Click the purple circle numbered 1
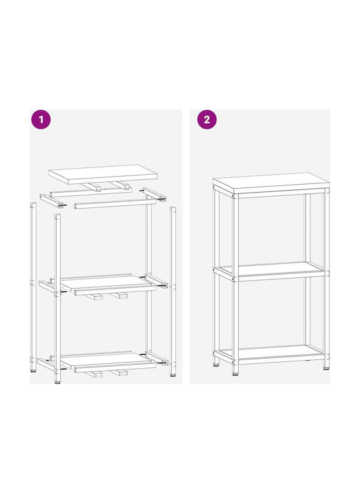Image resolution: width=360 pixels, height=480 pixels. pyautogui.click(x=41, y=119)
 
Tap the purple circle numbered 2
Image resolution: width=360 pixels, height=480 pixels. pyautogui.click(x=207, y=119)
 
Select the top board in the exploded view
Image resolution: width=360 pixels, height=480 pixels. pyautogui.click(x=103, y=174)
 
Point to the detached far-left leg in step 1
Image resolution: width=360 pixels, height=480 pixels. pyautogui.click(x=33, y=287)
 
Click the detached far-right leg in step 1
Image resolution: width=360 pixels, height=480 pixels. pyautogui.click(x=173, y=291)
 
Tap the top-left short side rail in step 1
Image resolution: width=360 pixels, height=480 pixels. pyautogui.click(x=52, y=201)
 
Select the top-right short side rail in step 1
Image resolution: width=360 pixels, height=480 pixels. pyautogui.click(x=154, y=194)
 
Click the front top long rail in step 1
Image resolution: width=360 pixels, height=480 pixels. pyautogui.click(x=115, y=204)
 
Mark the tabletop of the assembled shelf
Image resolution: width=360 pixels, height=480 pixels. pyautogui.click(x=271, y=183)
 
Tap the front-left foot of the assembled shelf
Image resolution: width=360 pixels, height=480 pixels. pyautogui.click(x=235, y=371)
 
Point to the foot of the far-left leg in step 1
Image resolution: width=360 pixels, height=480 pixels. pyautogui.click(x=33, y=371)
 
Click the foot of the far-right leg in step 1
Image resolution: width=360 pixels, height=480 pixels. pyautogui.click(x=173, y=375)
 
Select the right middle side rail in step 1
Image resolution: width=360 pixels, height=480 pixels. pyautogui.click(x=156, y=281)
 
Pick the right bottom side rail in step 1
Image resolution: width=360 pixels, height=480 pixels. pyautogui.click(x=156, y=358)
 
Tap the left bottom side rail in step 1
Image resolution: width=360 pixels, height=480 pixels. pyautogui.click(x=49, y=365)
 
